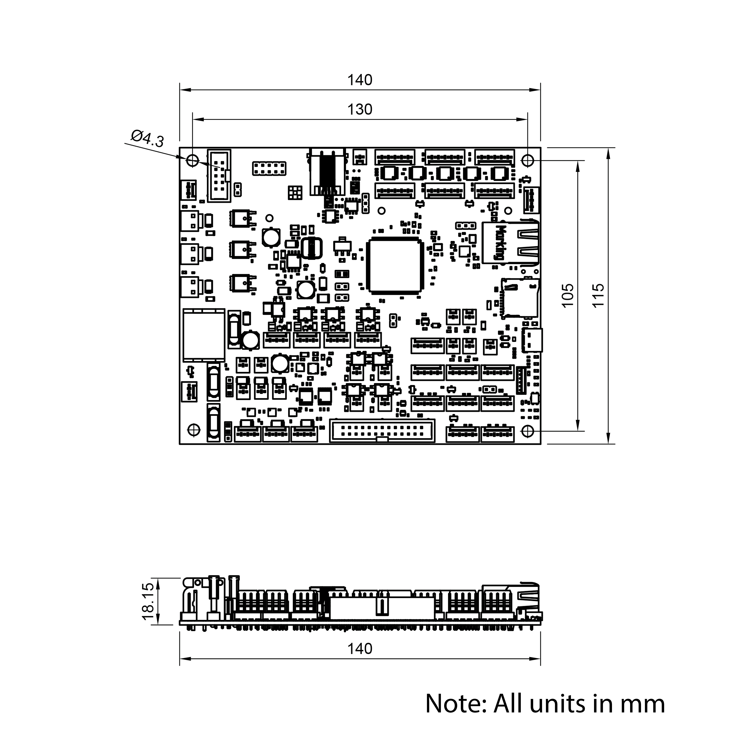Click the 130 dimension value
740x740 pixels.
point(360,110)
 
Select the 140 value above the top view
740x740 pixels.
point(360,80)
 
